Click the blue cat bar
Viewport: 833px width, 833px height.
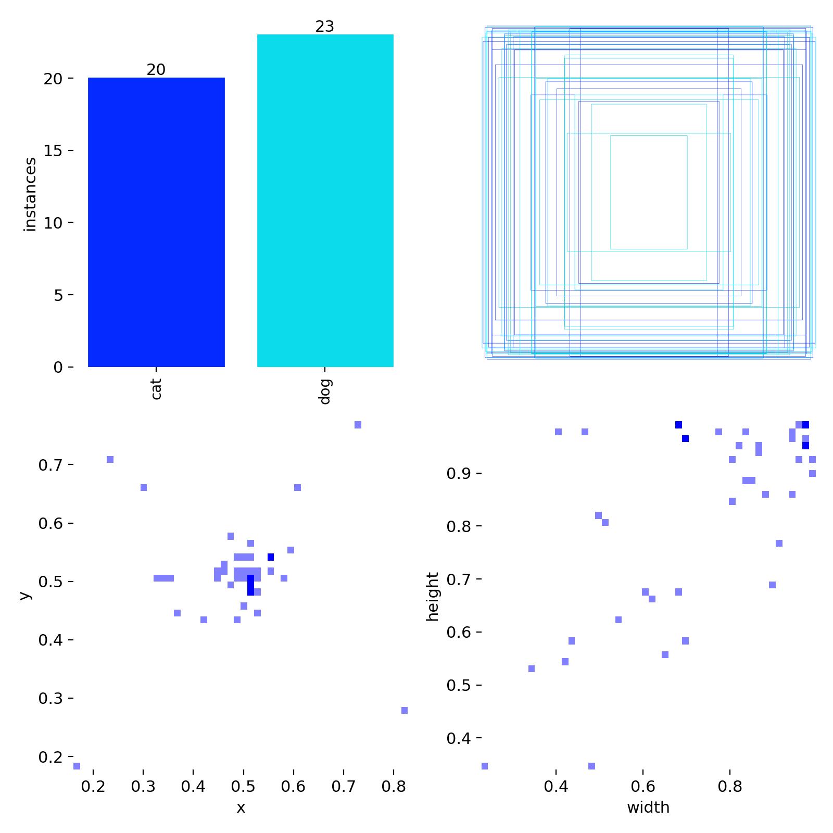pyautogui.click(x=156, y=222)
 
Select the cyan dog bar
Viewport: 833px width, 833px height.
pyautogui.click(x=325, y=200)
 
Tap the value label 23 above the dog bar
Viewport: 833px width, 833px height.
pyautogui.click(x=325, y=27)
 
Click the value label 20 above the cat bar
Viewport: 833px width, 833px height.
pyautogui.click(x=156, y=70)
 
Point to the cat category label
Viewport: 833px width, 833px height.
pyautogui.click(x=156, y=389)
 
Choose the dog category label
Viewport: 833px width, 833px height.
pyautogui.click(x=325, y=392)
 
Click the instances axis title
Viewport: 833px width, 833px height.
pyautogui.click(x=31, y=194)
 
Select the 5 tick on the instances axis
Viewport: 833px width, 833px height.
pyautogui.click(x=58, y=295)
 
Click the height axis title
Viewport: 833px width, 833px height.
pyautogui.click(x=433, y=597)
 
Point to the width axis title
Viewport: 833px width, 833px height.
pyautogui.click(x=648, y=807)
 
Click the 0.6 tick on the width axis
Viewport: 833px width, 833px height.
pyautogui.click(x=643, y=785)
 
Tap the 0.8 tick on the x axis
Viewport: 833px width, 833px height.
pyautogui.click(x=394, y=785)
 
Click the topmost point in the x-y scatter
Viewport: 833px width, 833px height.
pyautogui.click(x=358, y=425)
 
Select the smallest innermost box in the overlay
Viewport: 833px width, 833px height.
pyautogui.click(x=649, y=193)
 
